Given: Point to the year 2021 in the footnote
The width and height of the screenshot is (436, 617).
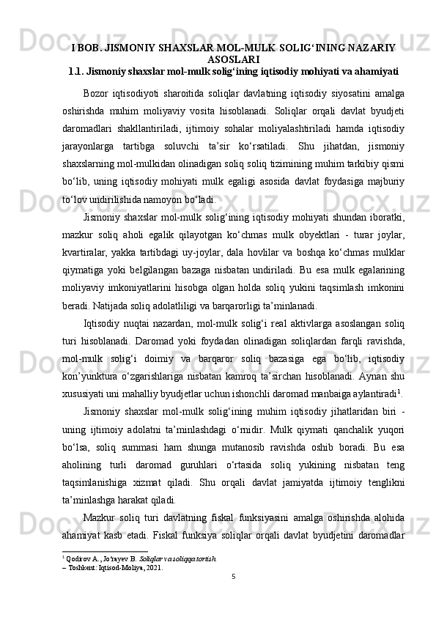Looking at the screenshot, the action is [x=153, y=576].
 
